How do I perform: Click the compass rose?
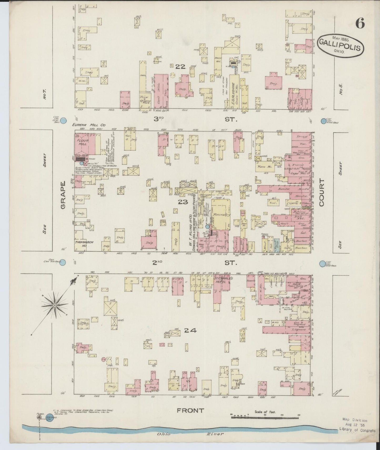point(54,305)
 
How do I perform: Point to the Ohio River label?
point(191,434)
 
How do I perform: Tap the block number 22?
point(180,67)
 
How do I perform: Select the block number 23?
point(183,202)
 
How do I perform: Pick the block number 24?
point(190,330)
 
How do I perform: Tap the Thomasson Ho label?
point(81,244)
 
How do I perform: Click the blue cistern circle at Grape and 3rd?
point(63,121)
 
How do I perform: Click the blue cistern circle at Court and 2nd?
point(322,264)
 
